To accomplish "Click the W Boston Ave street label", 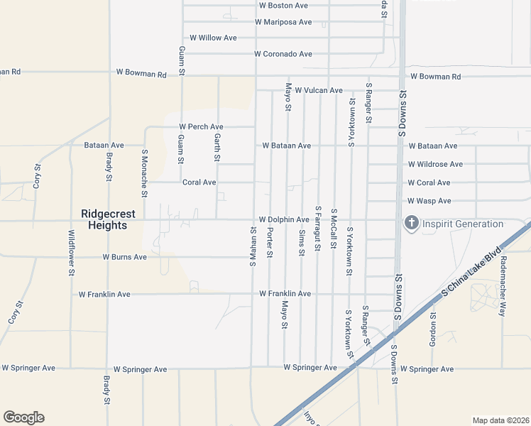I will pos(283,6).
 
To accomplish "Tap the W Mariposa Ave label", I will pos(283,23).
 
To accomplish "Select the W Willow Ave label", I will pos(212,38).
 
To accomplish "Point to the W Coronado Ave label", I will pos(283,54).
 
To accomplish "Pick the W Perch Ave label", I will pos(201,127).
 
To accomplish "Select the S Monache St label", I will pos(144,173).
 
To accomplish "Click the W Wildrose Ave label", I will pos(435,164).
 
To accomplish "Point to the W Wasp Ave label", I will pos(429,202).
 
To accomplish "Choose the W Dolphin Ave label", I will pos(283,220).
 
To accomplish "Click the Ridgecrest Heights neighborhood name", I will pos(104,219).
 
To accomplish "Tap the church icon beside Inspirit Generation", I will pos(410,224).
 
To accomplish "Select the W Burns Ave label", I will pos(124,257).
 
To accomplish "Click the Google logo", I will pos(23,417).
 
